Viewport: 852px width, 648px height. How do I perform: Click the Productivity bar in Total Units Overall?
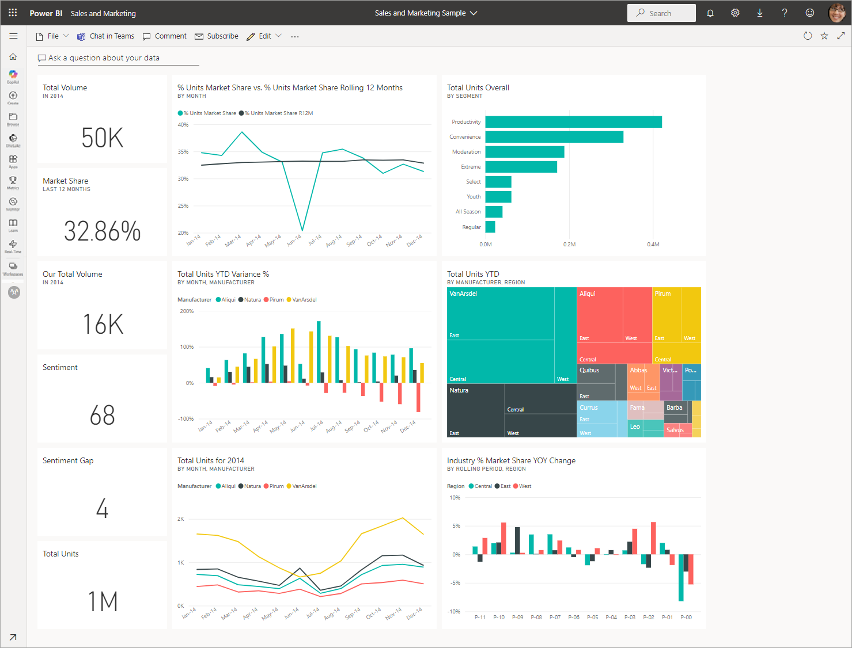pyautogui.click(x=573, y=122)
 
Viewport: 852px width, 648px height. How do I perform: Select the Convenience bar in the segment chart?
pyautogui.click(x=554, y=137)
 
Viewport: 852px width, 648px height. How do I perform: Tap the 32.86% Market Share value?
pyautogui.click(x=103, y=231)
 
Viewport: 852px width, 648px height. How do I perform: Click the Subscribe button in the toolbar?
pyautogui.click(x=217, y=36)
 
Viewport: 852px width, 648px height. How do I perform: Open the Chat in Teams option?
pyautogui.click(x=106, y=36)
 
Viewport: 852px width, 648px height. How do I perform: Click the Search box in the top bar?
pyautogui.click(x=661, y=13)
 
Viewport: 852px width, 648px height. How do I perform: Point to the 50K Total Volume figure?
pyautogui.click(x=103, y=138)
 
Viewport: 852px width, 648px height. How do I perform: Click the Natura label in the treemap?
pyautogui.click(x=459, y=390)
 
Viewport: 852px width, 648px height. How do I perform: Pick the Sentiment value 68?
pyautogui.click(x=103, y=416)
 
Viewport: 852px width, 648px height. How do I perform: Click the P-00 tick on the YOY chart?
pyautogui.click(x=686, y=617)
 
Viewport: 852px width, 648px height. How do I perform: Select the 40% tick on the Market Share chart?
pyautogui.click(x=183, y=125)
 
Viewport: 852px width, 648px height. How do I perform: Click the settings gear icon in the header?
pyautogui.click(x=735, y=13)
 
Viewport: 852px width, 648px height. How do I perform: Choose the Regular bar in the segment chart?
pyautogui.click(x=490, y=227)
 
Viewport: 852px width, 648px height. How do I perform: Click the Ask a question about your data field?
pyautogui.click(x=104, y=58)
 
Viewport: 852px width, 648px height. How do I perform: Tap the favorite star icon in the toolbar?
pyautogui.click(x=824, y=36)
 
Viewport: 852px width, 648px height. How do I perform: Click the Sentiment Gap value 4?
pyautogui.click(x=103, y=509)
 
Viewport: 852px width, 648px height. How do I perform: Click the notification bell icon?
pyautogui.click(x=710, y=13)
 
